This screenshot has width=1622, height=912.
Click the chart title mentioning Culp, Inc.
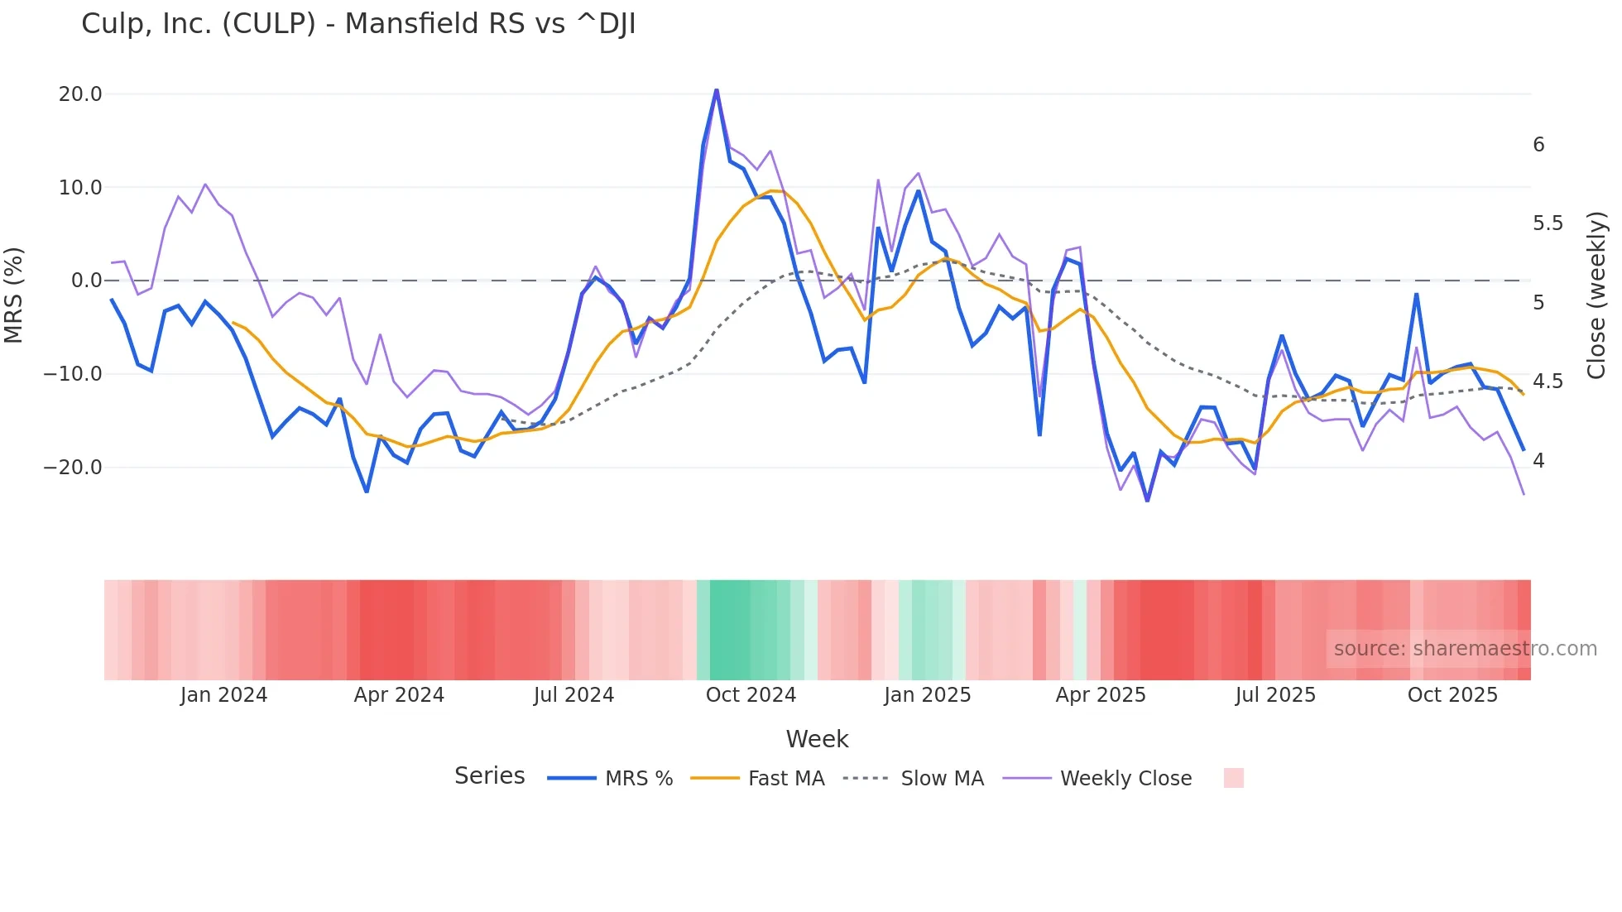point(358,24)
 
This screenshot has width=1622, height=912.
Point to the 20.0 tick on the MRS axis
point(80,94)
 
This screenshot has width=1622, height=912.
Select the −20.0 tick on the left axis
point(73,468)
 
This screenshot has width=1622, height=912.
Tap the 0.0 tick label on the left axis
point(86,281)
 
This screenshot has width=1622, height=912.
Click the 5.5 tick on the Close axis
point(1548,223)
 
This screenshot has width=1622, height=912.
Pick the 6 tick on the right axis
point(1538,145)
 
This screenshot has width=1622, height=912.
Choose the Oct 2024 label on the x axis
point(751,695)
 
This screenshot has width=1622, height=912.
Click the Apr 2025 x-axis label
point(1100,695)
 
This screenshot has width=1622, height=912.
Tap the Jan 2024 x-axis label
point(223,695)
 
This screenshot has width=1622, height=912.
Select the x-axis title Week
point(817,739)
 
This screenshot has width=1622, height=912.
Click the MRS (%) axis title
point(14,295)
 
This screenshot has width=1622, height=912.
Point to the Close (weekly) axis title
point(1596,295)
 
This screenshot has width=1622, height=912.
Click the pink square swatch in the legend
point(1233,778)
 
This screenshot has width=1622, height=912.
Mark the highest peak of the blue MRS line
point(717,89)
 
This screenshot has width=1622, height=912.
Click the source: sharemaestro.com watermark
point(1465,649)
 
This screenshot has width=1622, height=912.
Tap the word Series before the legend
point(489,776)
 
